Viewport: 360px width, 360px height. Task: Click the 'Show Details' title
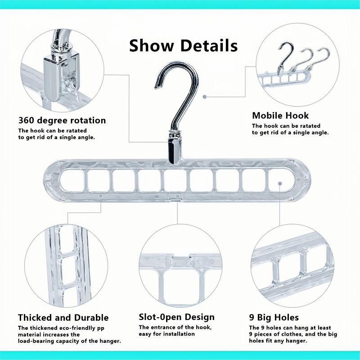tap(183, 45)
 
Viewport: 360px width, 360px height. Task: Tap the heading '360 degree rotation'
tap(62, 121)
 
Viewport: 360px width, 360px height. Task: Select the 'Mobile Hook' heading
tap(280, 116)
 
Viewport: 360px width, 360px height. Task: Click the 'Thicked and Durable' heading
tap(63, 318)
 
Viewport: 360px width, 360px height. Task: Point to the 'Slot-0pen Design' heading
tap(176, 318)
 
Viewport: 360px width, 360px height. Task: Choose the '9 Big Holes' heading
tap(274, 318)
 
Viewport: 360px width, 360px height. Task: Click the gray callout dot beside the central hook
tap(204, 96)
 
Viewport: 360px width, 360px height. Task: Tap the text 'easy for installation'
tap(166, 334)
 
